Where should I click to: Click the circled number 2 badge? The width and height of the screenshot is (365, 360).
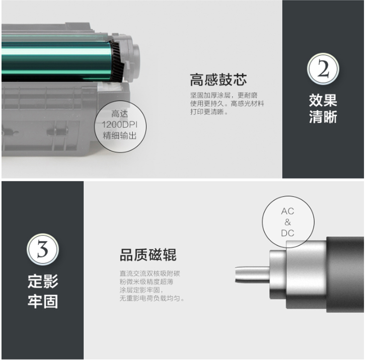[323, 69]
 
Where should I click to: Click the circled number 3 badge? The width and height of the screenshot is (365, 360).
[43, 249]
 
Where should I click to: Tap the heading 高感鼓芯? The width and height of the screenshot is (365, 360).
[218, 80]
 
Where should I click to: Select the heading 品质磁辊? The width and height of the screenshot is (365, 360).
[148, 255]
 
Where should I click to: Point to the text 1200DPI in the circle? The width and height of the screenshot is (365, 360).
[120, 125]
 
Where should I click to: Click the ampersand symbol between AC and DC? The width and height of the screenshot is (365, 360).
[287, 222]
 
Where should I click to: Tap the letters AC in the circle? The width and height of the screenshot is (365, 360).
[287, 211]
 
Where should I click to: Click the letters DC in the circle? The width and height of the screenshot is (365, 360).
[287, 233]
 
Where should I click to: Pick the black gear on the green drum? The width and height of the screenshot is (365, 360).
[116, 61]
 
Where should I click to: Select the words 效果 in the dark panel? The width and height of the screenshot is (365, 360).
[323, 101]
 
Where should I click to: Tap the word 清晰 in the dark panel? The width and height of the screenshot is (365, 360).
[323, 117]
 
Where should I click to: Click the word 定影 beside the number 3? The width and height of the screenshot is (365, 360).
[43, 281]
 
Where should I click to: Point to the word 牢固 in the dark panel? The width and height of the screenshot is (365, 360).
[43, 302]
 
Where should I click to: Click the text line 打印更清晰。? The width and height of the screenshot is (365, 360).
[209, 112]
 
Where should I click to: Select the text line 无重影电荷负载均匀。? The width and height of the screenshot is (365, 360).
[152, 298]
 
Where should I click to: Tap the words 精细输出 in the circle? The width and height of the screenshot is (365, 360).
[120, 135]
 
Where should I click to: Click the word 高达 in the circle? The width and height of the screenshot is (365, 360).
[120, 114]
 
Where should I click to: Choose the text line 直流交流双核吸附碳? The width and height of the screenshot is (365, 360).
[150, 274]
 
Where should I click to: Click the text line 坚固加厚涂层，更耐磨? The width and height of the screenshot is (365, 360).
[224, 96]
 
